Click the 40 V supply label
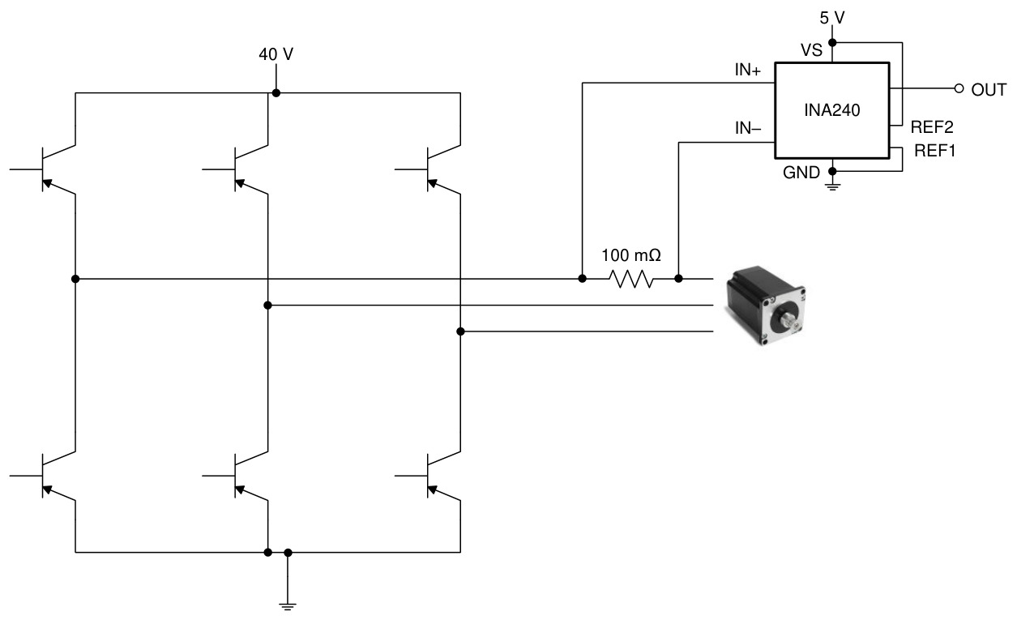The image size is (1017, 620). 276,54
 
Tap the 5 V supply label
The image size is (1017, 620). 832,18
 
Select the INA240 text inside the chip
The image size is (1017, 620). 831,110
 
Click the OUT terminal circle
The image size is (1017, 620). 959,88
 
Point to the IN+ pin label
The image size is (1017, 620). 748,70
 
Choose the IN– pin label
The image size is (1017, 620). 748,129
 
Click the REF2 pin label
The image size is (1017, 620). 932,127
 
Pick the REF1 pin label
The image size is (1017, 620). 935,151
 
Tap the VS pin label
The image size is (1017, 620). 811,50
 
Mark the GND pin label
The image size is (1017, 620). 801,173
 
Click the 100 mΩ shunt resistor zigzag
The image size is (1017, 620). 630,279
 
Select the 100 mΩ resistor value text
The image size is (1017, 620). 631,256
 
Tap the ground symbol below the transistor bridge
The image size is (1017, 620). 288,606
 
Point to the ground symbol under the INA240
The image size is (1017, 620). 832,186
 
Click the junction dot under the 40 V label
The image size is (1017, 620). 276,93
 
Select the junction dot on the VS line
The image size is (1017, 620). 832,43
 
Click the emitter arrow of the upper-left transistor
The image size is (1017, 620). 47,183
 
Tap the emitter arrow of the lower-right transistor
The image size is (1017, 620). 432,490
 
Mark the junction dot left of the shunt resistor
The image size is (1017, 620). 582,279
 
